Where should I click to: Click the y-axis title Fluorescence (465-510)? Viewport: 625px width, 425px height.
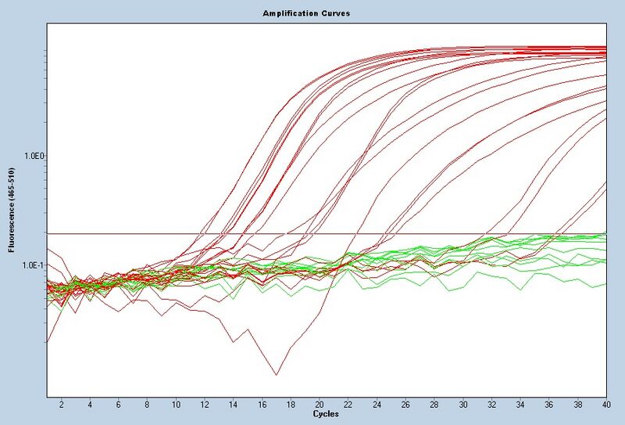click(x=11, y=211)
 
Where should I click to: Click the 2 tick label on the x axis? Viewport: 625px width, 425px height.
click(x=61, y=405)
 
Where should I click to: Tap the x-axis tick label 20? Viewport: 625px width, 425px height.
click(x=319, y=405)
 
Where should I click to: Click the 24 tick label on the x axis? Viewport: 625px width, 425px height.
click(x=377, y=405)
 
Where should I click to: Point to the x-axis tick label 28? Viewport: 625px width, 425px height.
click(x=434, y=405)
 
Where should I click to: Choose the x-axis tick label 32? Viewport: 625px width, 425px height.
click(x=491, y=405)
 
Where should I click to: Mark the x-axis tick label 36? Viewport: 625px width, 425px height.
click(x=549, y=405)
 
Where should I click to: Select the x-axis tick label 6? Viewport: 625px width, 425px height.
click(x=118, y=405)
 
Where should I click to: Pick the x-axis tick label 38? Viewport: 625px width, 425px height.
click(x=578, y=405)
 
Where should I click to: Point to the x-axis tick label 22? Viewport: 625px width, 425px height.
click(x=348, y=405)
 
